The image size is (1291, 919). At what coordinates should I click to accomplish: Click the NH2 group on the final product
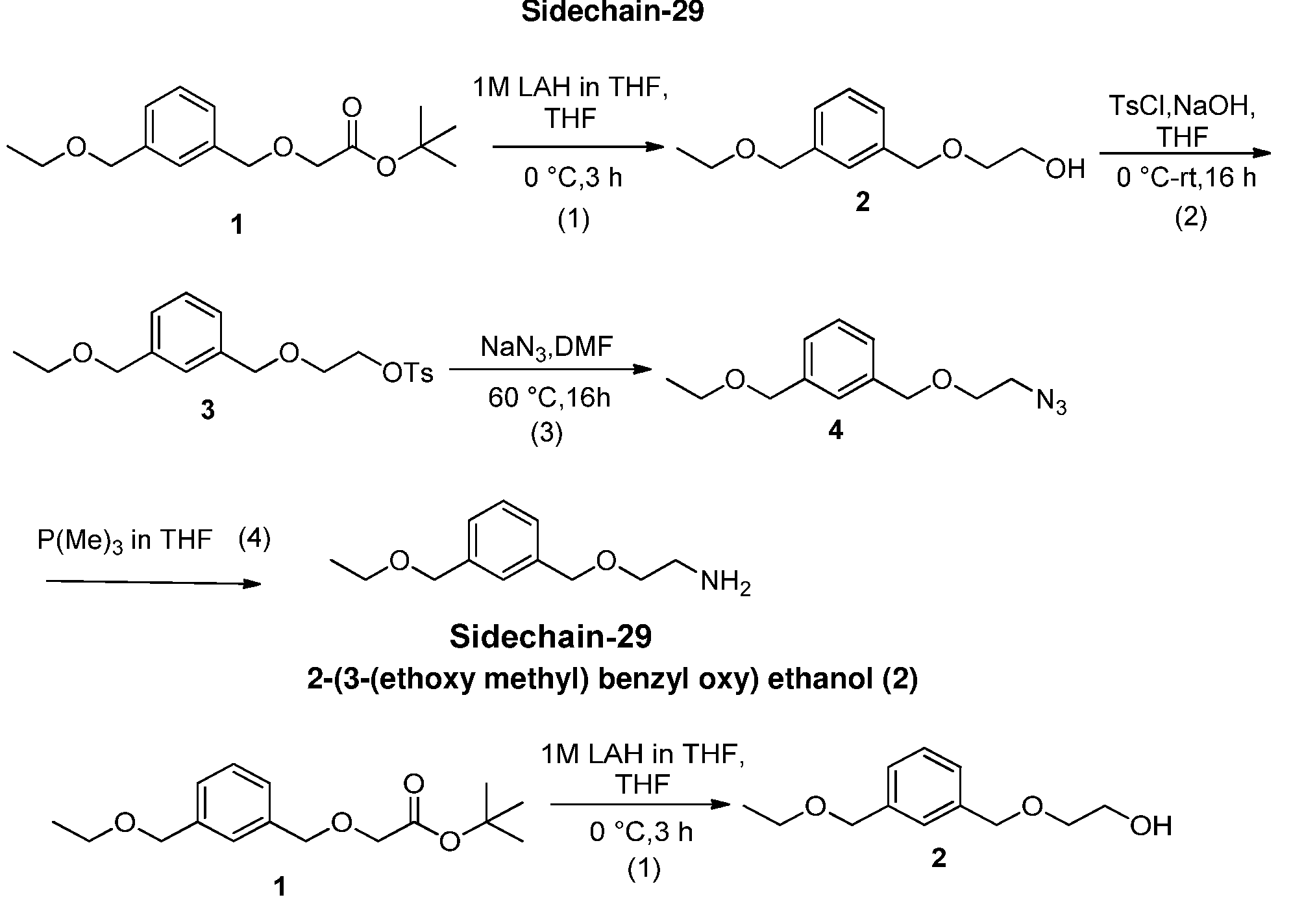pos(725,582)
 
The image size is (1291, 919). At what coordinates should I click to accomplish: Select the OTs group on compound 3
pos(407,373)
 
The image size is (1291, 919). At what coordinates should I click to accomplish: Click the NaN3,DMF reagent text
pos(547,346)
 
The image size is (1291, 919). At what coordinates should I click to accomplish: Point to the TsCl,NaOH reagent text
pos(1182,105)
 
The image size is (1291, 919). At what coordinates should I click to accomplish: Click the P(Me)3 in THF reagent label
pos(125,540)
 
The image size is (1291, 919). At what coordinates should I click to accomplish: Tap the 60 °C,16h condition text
pos(549,397)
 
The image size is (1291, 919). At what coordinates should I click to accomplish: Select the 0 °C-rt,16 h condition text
pos(1186,177)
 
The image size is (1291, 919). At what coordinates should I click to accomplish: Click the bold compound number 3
pos(207,410)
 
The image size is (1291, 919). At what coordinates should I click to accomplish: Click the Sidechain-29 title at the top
pos(612,12)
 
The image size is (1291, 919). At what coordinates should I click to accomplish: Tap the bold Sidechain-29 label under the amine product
pos(550,636)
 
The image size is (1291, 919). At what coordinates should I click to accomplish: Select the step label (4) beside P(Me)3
pos(254,538)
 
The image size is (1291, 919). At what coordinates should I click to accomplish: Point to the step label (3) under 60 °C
pos(547,433)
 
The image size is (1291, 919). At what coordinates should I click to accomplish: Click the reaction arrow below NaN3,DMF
pos(550,370)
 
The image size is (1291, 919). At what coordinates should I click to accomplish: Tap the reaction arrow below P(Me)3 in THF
pos(153,583)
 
